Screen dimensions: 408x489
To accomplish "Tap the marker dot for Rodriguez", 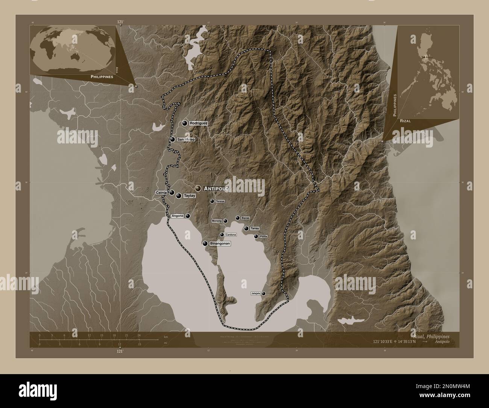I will pos(185,123).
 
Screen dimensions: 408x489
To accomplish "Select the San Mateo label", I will pos(186,140).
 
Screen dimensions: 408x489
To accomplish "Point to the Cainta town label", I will pos(162,193).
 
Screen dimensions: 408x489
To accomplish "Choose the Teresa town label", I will pos(220,201).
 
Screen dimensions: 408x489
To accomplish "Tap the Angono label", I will pos(177,216).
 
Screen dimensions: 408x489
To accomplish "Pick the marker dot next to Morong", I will pos(225,221).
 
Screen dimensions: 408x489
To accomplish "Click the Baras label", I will pos(245,218).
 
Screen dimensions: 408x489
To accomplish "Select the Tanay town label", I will pos(255,228).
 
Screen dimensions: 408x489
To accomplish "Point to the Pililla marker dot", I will pos(256,236).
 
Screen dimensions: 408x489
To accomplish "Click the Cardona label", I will pos(231,235).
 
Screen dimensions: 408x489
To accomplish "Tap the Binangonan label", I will pos(220,244).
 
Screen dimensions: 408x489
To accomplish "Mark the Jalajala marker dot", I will pos(263,294).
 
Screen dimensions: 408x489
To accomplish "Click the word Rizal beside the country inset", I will pos(405,121).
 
